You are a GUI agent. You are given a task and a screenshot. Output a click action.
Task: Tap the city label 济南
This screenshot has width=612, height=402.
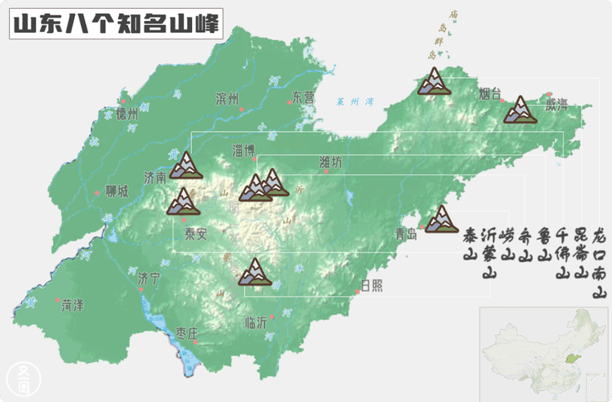(154, 176)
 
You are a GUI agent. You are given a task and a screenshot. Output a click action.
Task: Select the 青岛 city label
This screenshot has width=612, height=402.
(406, 235)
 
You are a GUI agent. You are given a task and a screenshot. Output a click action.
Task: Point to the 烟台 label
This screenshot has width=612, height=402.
(489, 92)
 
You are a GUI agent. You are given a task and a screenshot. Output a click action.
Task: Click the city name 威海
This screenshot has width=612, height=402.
(556, 104)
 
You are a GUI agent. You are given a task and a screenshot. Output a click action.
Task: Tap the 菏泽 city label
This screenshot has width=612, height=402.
(72, 305)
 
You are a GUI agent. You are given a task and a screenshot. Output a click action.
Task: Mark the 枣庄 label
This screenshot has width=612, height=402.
(187, 334)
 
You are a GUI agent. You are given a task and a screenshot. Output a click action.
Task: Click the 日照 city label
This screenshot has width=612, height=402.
(371, 285)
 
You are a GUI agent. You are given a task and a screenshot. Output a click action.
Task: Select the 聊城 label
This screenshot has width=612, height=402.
(116, 192)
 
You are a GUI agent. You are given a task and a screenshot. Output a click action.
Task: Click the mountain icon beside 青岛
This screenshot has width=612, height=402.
(441, 219)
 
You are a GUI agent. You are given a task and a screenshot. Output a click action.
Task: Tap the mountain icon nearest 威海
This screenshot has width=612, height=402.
(520, 109)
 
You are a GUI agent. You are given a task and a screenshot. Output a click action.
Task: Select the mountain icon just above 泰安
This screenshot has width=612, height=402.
(183, 201)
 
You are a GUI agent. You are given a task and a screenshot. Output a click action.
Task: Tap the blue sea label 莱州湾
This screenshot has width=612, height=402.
(356, 102)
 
